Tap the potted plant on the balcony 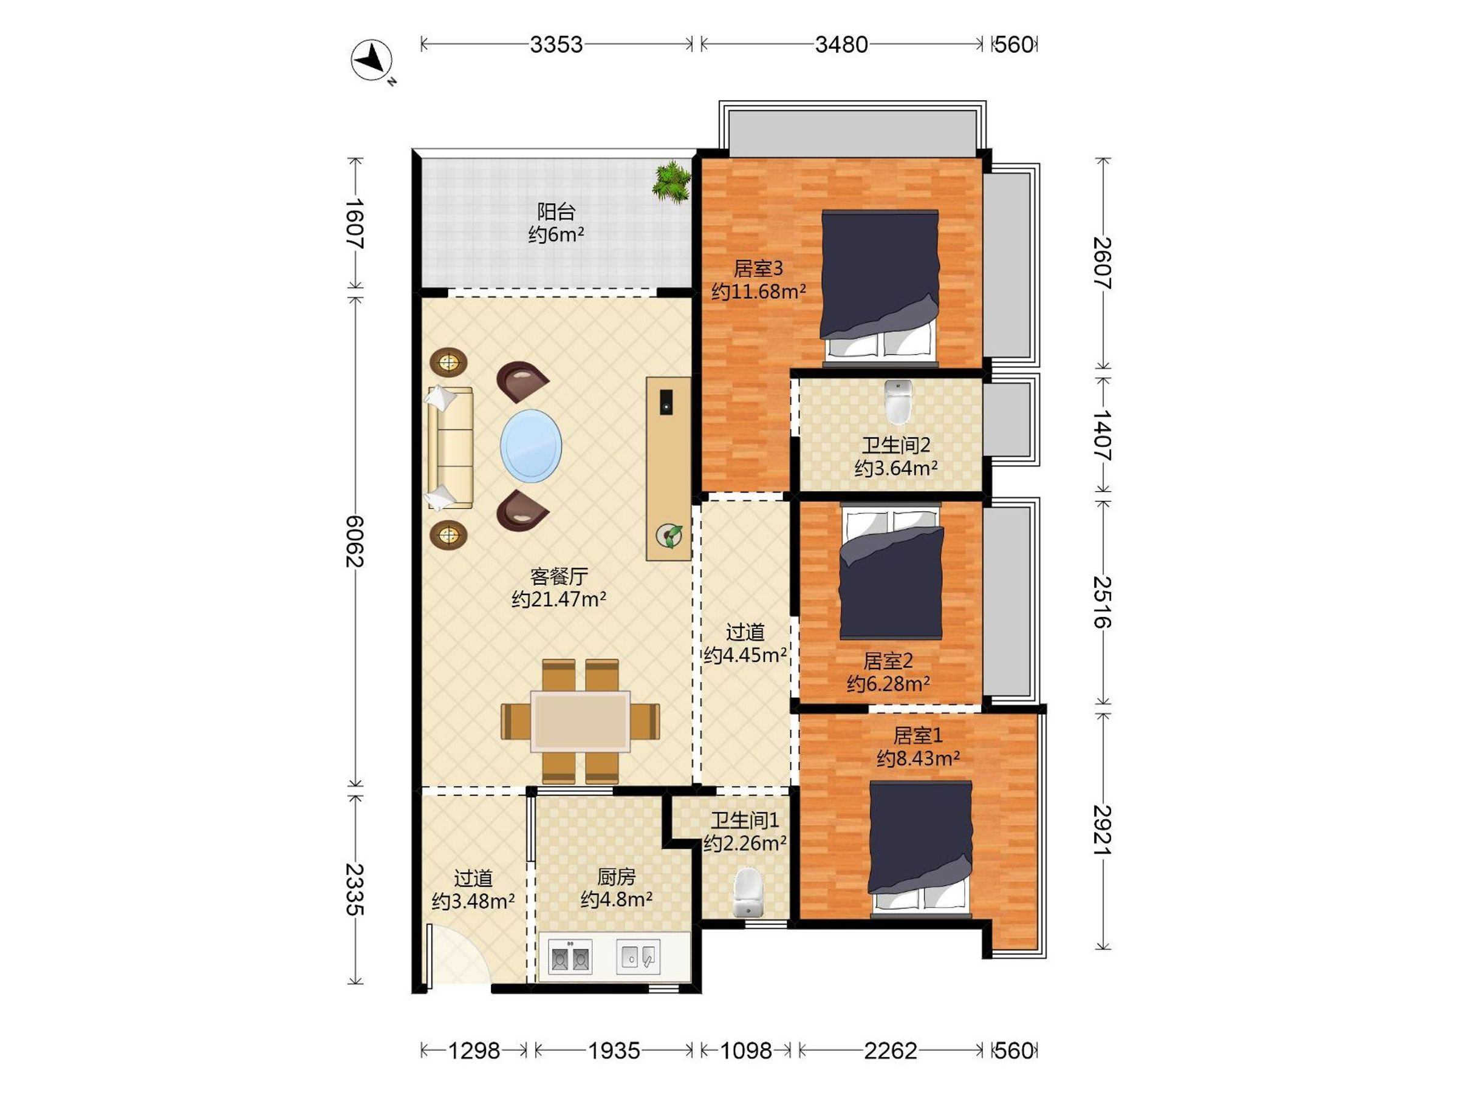pos(672,181)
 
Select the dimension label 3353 pos(556,45)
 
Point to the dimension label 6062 pos(355,541)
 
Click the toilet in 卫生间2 pos(898,402)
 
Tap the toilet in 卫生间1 pos(747,892)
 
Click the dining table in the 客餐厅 pos(581,721)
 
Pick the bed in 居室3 pos(880,287)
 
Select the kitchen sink pos(638,956)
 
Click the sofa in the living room pos(450,448)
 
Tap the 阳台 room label pos(556,211)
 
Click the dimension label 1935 pos(614,1050)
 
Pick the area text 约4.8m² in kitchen pos(616,899)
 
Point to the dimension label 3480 pos(841,45)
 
